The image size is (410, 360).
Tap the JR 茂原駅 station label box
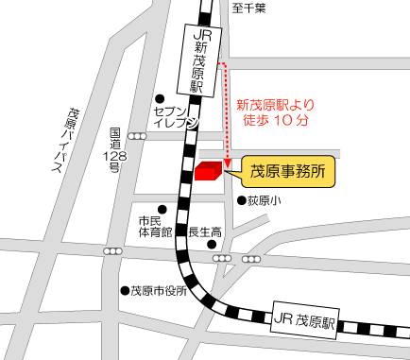click(x=302, y=321)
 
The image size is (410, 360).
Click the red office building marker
click(x=209, y=170)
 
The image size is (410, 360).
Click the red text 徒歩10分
click(x=276, y=121)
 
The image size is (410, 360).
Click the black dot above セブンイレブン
click(x=160, y=96)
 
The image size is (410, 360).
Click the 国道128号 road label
click(x=114, y=151)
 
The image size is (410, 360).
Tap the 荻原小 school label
click(x=265, y=200)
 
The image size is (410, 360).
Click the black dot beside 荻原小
click(x=241, y=200)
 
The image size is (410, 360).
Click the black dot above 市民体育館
click(x=162, y=209)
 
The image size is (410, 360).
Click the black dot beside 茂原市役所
click(x=124, y=291)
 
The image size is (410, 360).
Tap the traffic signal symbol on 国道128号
click(x=138, y=136)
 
